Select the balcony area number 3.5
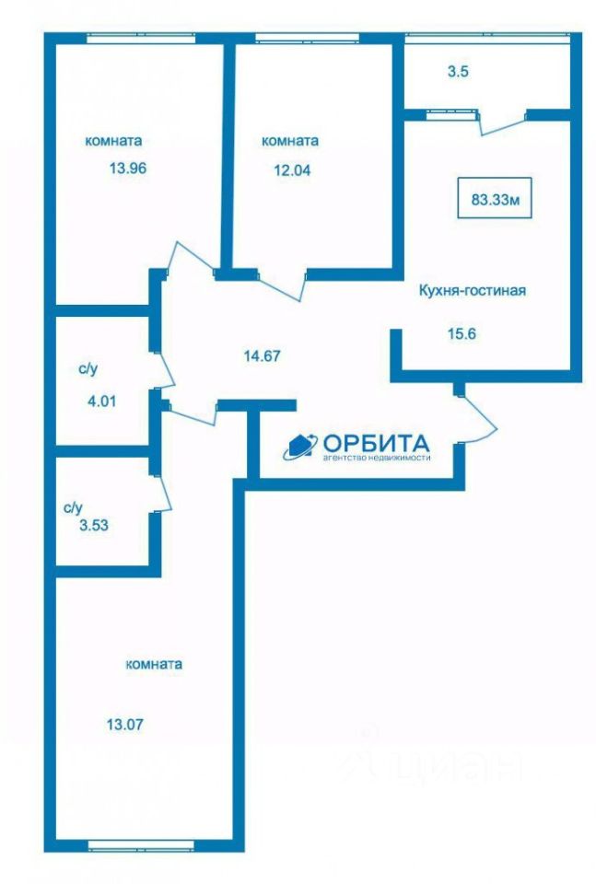click(458, 70)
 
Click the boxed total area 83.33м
click(496, 198)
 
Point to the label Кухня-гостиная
click(472, 291)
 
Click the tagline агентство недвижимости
click(376, 457)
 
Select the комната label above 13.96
click(113, 141)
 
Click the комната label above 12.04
click(290, 141)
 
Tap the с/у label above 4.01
click(88, 369)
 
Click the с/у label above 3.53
click(74, 507)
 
